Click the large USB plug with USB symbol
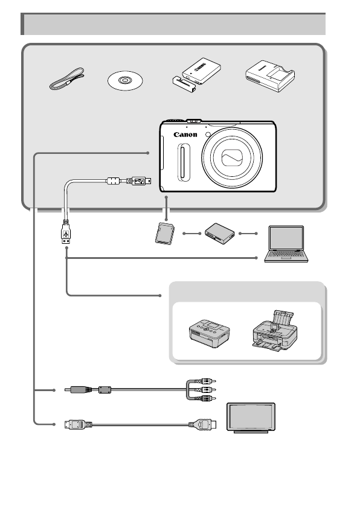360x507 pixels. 65,233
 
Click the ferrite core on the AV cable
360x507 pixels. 104,390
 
